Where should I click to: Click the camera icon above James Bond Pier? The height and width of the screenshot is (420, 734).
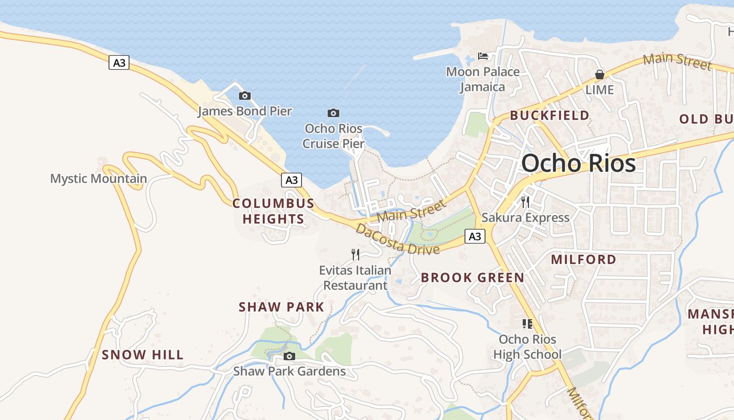click(x=244, y=96)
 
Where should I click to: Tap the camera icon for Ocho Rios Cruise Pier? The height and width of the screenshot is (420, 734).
click(x=333, y=113)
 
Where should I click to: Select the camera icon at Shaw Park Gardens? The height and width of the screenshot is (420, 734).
click(x=289, y=356)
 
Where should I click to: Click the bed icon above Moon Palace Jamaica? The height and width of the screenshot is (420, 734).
click(x=483, y=56)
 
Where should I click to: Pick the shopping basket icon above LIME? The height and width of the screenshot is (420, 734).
click(x=599, y=75)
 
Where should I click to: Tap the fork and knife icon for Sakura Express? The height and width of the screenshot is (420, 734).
click(x=525, y=202)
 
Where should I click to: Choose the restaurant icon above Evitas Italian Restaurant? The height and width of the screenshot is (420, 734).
click(x=355, y=255)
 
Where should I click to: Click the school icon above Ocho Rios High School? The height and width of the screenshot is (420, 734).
click(x=527, y=323)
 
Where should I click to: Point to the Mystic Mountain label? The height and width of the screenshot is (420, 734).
click(x=99, y=178)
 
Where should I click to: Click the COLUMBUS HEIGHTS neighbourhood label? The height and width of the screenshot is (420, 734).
click(x=273, y=211)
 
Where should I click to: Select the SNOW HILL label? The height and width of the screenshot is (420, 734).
click(x=143, y=355)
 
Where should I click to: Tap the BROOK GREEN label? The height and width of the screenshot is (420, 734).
click(x=472, y=278)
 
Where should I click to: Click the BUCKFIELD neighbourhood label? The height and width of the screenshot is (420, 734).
click(x=549, y=115)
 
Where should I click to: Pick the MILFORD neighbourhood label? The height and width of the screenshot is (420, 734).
click(x=584, y=259)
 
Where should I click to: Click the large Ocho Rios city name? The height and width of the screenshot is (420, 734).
click(x=578, y=164)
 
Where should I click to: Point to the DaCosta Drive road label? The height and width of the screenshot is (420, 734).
click(x=397, y=239)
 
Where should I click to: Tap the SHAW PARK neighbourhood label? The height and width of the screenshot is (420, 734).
click(x=282, y=307)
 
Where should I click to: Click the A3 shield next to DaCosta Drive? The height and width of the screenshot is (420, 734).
click(x=474, y=237)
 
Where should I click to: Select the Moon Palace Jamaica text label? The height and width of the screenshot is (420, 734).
click(x=483, y=79)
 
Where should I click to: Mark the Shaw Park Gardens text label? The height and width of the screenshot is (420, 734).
click(x=289, y=371)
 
